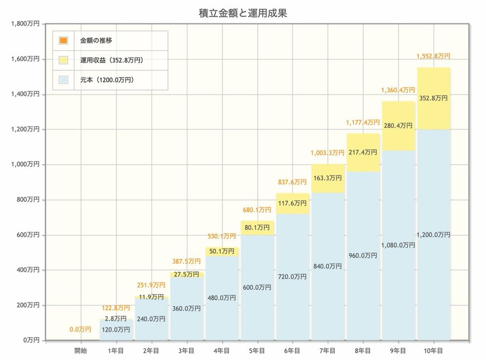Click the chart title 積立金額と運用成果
[x=242, y=12]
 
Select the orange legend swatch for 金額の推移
[x=63, y=41]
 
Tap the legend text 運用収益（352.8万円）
[x=115, y=60]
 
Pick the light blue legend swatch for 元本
[x=63, y=80]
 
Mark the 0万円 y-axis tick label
[x=29, y=340]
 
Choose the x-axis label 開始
[x=82, y=350]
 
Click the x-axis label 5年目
[x=258, y=350]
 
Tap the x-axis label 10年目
[x=433, y=350]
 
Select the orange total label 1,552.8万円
[x=433, y=56]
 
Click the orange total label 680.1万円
[x=258, y=211]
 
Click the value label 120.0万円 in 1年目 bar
[x=117, y=330]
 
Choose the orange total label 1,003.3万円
[x=328, y=153]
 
